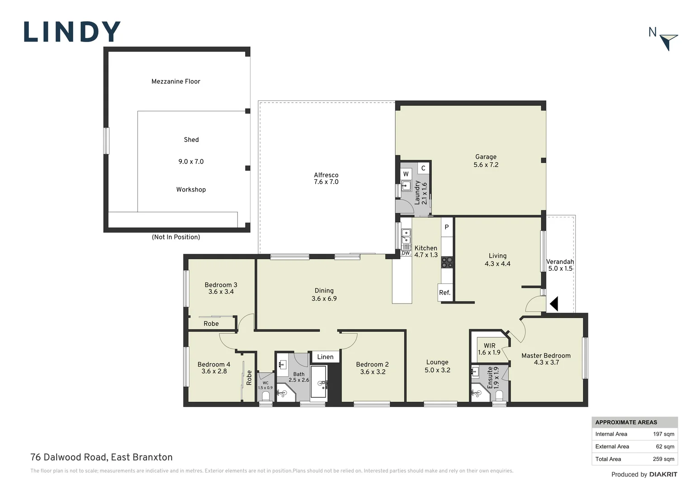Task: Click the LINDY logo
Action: click(x=72, y=32)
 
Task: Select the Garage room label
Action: click(x=486, y=157)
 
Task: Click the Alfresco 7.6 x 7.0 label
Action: click(x=326, y=178)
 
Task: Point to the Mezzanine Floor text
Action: click(x=176, y=81)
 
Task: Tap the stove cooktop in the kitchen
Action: click(x=447, y=263)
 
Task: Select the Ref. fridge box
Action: click(x=445, y=292)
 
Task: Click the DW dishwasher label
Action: click(x=406, y=253)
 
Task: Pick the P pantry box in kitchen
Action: click(x=447, y=227)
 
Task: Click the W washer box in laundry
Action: click(x=406, y=174)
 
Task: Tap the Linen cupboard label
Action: click(x=326, y=357)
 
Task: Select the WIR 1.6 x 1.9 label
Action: click(x=489, y=349)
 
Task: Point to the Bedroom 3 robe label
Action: click(x=211, y=324)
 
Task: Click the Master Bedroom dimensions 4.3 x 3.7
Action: click(x=546, y=362)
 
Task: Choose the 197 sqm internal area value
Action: click(x=663, y=434)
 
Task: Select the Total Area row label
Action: click(x=608, y=459)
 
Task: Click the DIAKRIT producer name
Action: click(x=663, y=474)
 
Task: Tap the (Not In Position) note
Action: click(x=176, y=237)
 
